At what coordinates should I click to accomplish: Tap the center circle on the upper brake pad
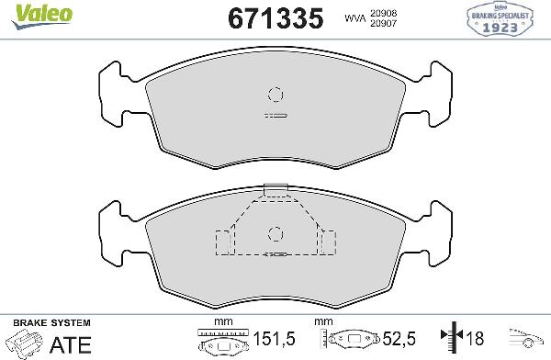point(274,93)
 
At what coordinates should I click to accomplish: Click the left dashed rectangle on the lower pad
point(223,242)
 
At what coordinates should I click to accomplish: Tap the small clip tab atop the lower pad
point(274,190)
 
